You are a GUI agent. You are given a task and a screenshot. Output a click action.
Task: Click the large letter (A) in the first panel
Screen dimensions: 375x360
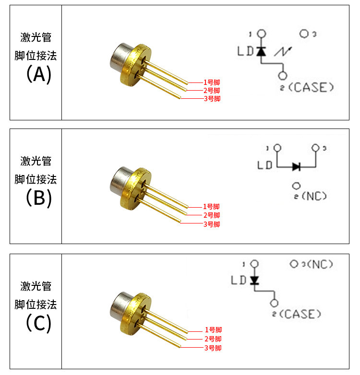(x=38, y=75)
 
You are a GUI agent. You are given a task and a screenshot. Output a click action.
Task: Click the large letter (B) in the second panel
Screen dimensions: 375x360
(x=38, y=198)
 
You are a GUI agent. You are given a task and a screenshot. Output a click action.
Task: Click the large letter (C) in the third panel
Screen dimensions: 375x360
(x=38, y=323)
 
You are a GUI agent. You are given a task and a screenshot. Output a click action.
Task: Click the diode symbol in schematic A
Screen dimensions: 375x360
(x=261, y=51)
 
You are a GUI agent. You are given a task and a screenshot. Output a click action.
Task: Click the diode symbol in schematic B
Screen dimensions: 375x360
(x=296, y=166)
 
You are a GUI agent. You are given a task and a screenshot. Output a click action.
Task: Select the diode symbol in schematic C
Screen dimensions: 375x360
(x=254, y=280)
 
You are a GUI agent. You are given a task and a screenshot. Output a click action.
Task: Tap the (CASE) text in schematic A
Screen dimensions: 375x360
(x=312, y=87)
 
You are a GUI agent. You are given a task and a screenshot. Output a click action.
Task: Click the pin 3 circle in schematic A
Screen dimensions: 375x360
(x=304, y=34)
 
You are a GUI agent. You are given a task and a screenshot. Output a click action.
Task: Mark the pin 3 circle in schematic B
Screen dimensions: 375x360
(x=315, y=148)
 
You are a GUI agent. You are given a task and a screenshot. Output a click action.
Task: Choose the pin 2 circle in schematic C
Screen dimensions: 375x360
(x=275, y=303)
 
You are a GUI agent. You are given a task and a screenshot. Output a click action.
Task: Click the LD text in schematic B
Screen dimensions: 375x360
(x=265, y=166)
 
